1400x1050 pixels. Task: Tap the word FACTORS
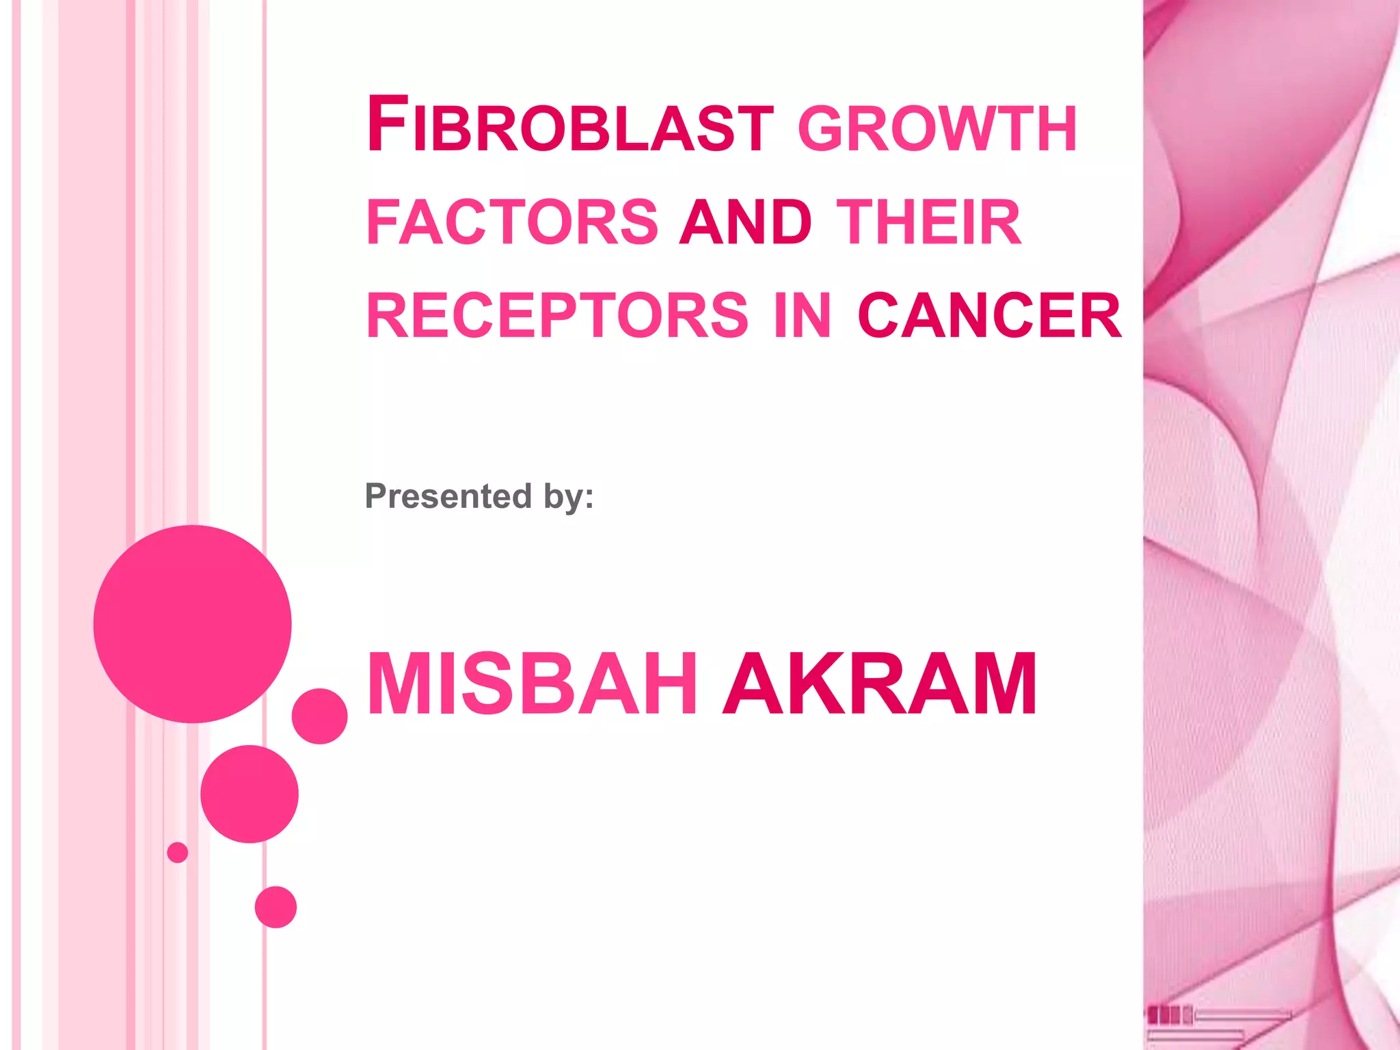pos(512,222)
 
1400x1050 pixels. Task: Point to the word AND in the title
pos(745,222)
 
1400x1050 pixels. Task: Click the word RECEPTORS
pos(558,315)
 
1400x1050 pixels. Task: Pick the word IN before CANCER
pos(803,315)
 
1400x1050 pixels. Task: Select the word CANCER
pos(989,315)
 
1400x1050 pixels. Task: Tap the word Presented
pos(448,496)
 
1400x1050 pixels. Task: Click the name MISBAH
pos(532,684)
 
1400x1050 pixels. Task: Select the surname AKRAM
pos(880,684)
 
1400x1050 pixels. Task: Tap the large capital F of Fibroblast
pos(387,124)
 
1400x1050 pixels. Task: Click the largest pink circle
pos(192,623)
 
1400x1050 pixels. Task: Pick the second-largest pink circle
pos(250,794)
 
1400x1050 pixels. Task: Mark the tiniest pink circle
pos(177,852)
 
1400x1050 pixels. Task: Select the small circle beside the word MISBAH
pos(319,716)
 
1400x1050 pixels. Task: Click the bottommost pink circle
pos(275,907)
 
